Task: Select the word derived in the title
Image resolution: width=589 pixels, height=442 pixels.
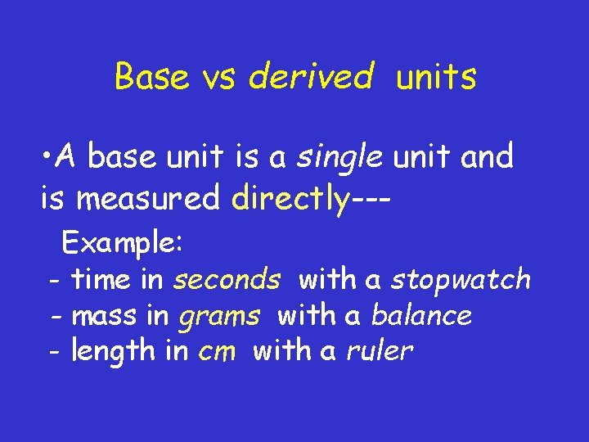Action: point(311,77)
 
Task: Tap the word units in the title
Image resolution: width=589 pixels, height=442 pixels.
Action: point(436,77)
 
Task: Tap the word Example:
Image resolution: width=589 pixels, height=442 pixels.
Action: point(124,243)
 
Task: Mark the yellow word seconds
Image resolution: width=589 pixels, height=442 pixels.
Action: point(227,280)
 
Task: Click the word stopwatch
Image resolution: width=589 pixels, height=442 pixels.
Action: point(461,280)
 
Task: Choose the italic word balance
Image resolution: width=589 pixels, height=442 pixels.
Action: point(421,315)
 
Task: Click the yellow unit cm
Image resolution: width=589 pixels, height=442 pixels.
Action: point(217,352)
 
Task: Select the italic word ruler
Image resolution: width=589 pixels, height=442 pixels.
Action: point(380,352)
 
